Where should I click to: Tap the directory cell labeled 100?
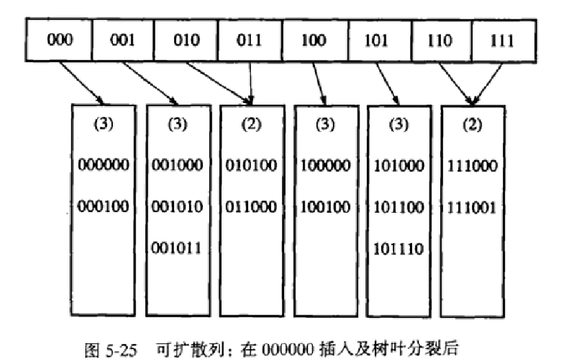(314, 39)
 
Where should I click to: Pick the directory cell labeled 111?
(504, 39)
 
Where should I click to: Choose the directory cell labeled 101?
(378, 39)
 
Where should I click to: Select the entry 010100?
(252, 165)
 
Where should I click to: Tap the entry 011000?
(252, 206)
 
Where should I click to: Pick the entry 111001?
(473, 206)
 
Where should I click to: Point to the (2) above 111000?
(473, 126)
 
